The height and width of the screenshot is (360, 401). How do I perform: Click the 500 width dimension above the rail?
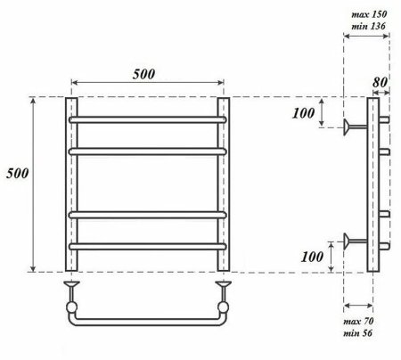tap(148, 73)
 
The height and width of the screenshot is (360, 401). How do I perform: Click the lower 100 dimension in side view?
tap(313, 256)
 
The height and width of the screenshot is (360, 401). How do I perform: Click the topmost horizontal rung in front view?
tap(148, 118)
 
